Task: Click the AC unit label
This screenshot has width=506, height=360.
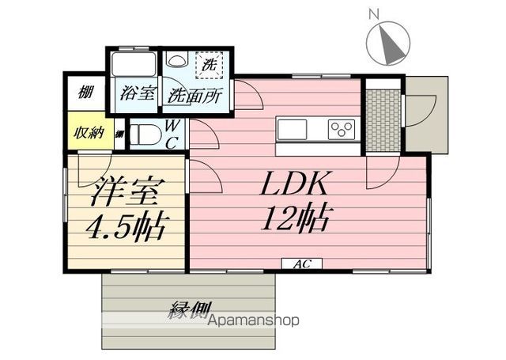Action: click(x=301, y=264)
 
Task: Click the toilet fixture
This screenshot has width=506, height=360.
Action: click(x=143, y=134)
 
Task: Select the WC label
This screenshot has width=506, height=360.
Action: click(x=173, y=134)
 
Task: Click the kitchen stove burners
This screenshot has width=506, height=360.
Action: click(x=342, y=128)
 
